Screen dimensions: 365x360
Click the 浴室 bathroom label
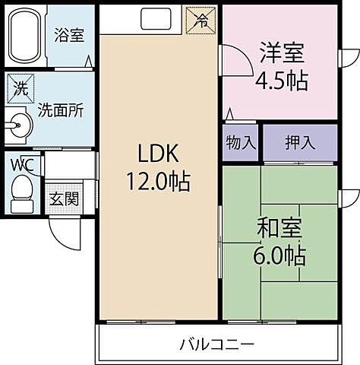[69, 36]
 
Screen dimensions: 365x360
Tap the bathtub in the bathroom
[24, 36]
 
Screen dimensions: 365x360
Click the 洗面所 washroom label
[61, 109]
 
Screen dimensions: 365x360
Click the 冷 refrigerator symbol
[203, 18]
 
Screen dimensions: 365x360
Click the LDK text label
[157, 154]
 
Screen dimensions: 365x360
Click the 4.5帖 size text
[282, 81]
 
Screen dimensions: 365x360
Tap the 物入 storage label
[240, 143]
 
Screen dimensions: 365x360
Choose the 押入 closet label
[299, 143]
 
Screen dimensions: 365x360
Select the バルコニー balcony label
[217, 344]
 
